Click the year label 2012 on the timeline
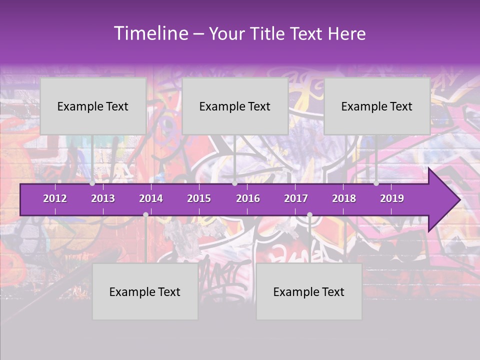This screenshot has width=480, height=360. [x=55, y=198]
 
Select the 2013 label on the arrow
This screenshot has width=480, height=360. [x=103, y=198]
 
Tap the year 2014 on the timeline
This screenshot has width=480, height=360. [x=151, y=198]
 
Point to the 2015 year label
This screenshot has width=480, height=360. [x=199, y=198]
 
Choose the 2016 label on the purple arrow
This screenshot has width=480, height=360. [x=248, y=198]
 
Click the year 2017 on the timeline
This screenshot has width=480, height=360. [x=296, y=198]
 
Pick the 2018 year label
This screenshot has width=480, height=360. [x=344, y=198]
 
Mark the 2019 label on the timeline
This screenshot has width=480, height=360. [x=392, y=198]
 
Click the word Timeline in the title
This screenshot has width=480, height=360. [x=150, y=33]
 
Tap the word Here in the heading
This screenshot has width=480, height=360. [x=346, y=34]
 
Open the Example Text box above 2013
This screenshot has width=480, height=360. [x=93, y=106]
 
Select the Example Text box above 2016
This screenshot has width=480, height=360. [x=235, y=106]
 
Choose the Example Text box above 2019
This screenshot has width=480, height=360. [x=377, y=106]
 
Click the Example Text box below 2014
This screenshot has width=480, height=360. [x=145, y=291]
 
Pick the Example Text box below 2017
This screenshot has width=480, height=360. [x=309, y=291]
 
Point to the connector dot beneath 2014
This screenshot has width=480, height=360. [x=145, y=214]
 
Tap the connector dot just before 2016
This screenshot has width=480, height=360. [x=235, y=183]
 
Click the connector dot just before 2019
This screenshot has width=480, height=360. [x=376, y=183]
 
